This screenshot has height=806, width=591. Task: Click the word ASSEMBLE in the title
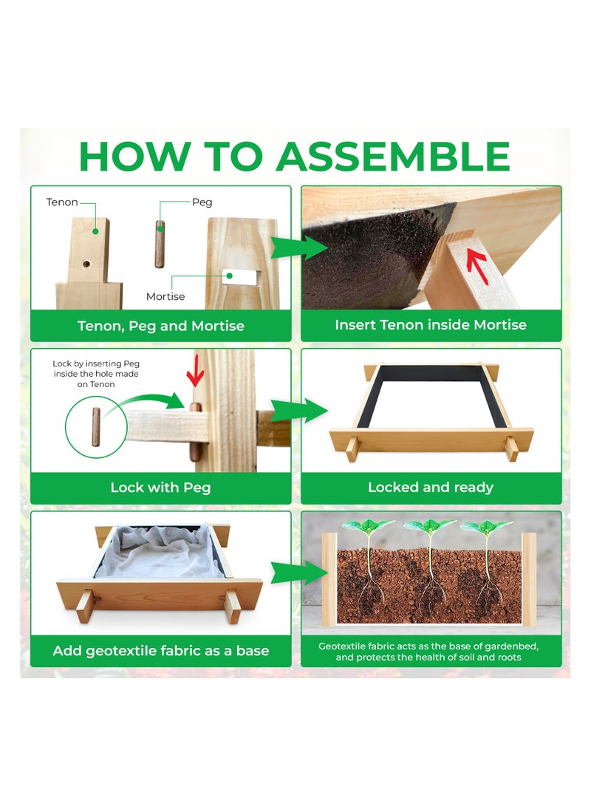393,157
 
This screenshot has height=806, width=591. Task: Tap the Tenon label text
61,202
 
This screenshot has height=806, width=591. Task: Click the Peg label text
202,202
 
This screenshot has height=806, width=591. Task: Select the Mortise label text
165,296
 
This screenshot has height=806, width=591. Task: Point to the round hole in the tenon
86,264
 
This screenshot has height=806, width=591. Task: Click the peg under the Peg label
160,245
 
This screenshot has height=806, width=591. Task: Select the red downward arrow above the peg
195,370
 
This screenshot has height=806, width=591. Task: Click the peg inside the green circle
96,427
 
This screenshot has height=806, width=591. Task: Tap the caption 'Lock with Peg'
160,488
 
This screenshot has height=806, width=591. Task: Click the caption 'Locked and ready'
431,487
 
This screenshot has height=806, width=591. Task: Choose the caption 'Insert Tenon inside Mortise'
431,324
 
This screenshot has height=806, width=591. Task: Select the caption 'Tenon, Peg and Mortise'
161,326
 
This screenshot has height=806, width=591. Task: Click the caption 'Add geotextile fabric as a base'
161,651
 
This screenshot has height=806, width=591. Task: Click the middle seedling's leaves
430,526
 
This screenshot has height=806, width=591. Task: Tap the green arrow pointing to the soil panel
298,573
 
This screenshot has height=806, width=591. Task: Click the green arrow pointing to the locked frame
298,410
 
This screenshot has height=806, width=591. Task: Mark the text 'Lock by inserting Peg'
96,363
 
